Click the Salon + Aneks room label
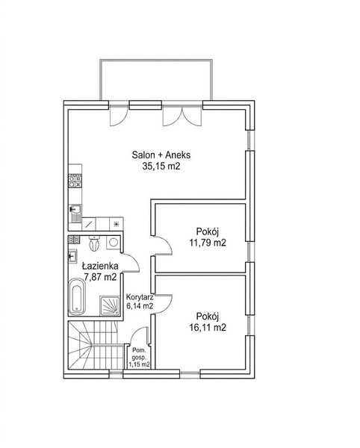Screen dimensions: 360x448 coord(161,155)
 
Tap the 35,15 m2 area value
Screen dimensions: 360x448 coord(161,167)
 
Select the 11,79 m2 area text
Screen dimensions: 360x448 coord(208,243)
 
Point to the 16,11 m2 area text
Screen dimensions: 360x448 coord(208,327)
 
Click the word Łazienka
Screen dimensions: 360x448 coord(100,266)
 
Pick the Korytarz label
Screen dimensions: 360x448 coord(140,297)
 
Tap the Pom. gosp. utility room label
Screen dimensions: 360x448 coord(139,354)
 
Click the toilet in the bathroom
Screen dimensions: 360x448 coord(94,243)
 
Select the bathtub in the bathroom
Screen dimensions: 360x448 coord(77,296)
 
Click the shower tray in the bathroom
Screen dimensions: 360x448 coord(110,305)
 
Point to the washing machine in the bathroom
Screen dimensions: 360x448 coord(114,242)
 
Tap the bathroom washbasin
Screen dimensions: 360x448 coord(72,255)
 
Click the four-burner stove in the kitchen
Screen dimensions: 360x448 coord(75,181)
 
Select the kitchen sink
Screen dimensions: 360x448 coord(75,214)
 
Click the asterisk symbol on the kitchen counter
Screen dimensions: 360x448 coord(117,224)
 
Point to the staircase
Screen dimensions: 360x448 coord(93,345)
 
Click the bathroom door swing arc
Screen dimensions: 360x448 coord(131,261)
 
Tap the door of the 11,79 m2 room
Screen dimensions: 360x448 coord(163,246)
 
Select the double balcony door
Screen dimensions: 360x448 coord(182,116)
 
